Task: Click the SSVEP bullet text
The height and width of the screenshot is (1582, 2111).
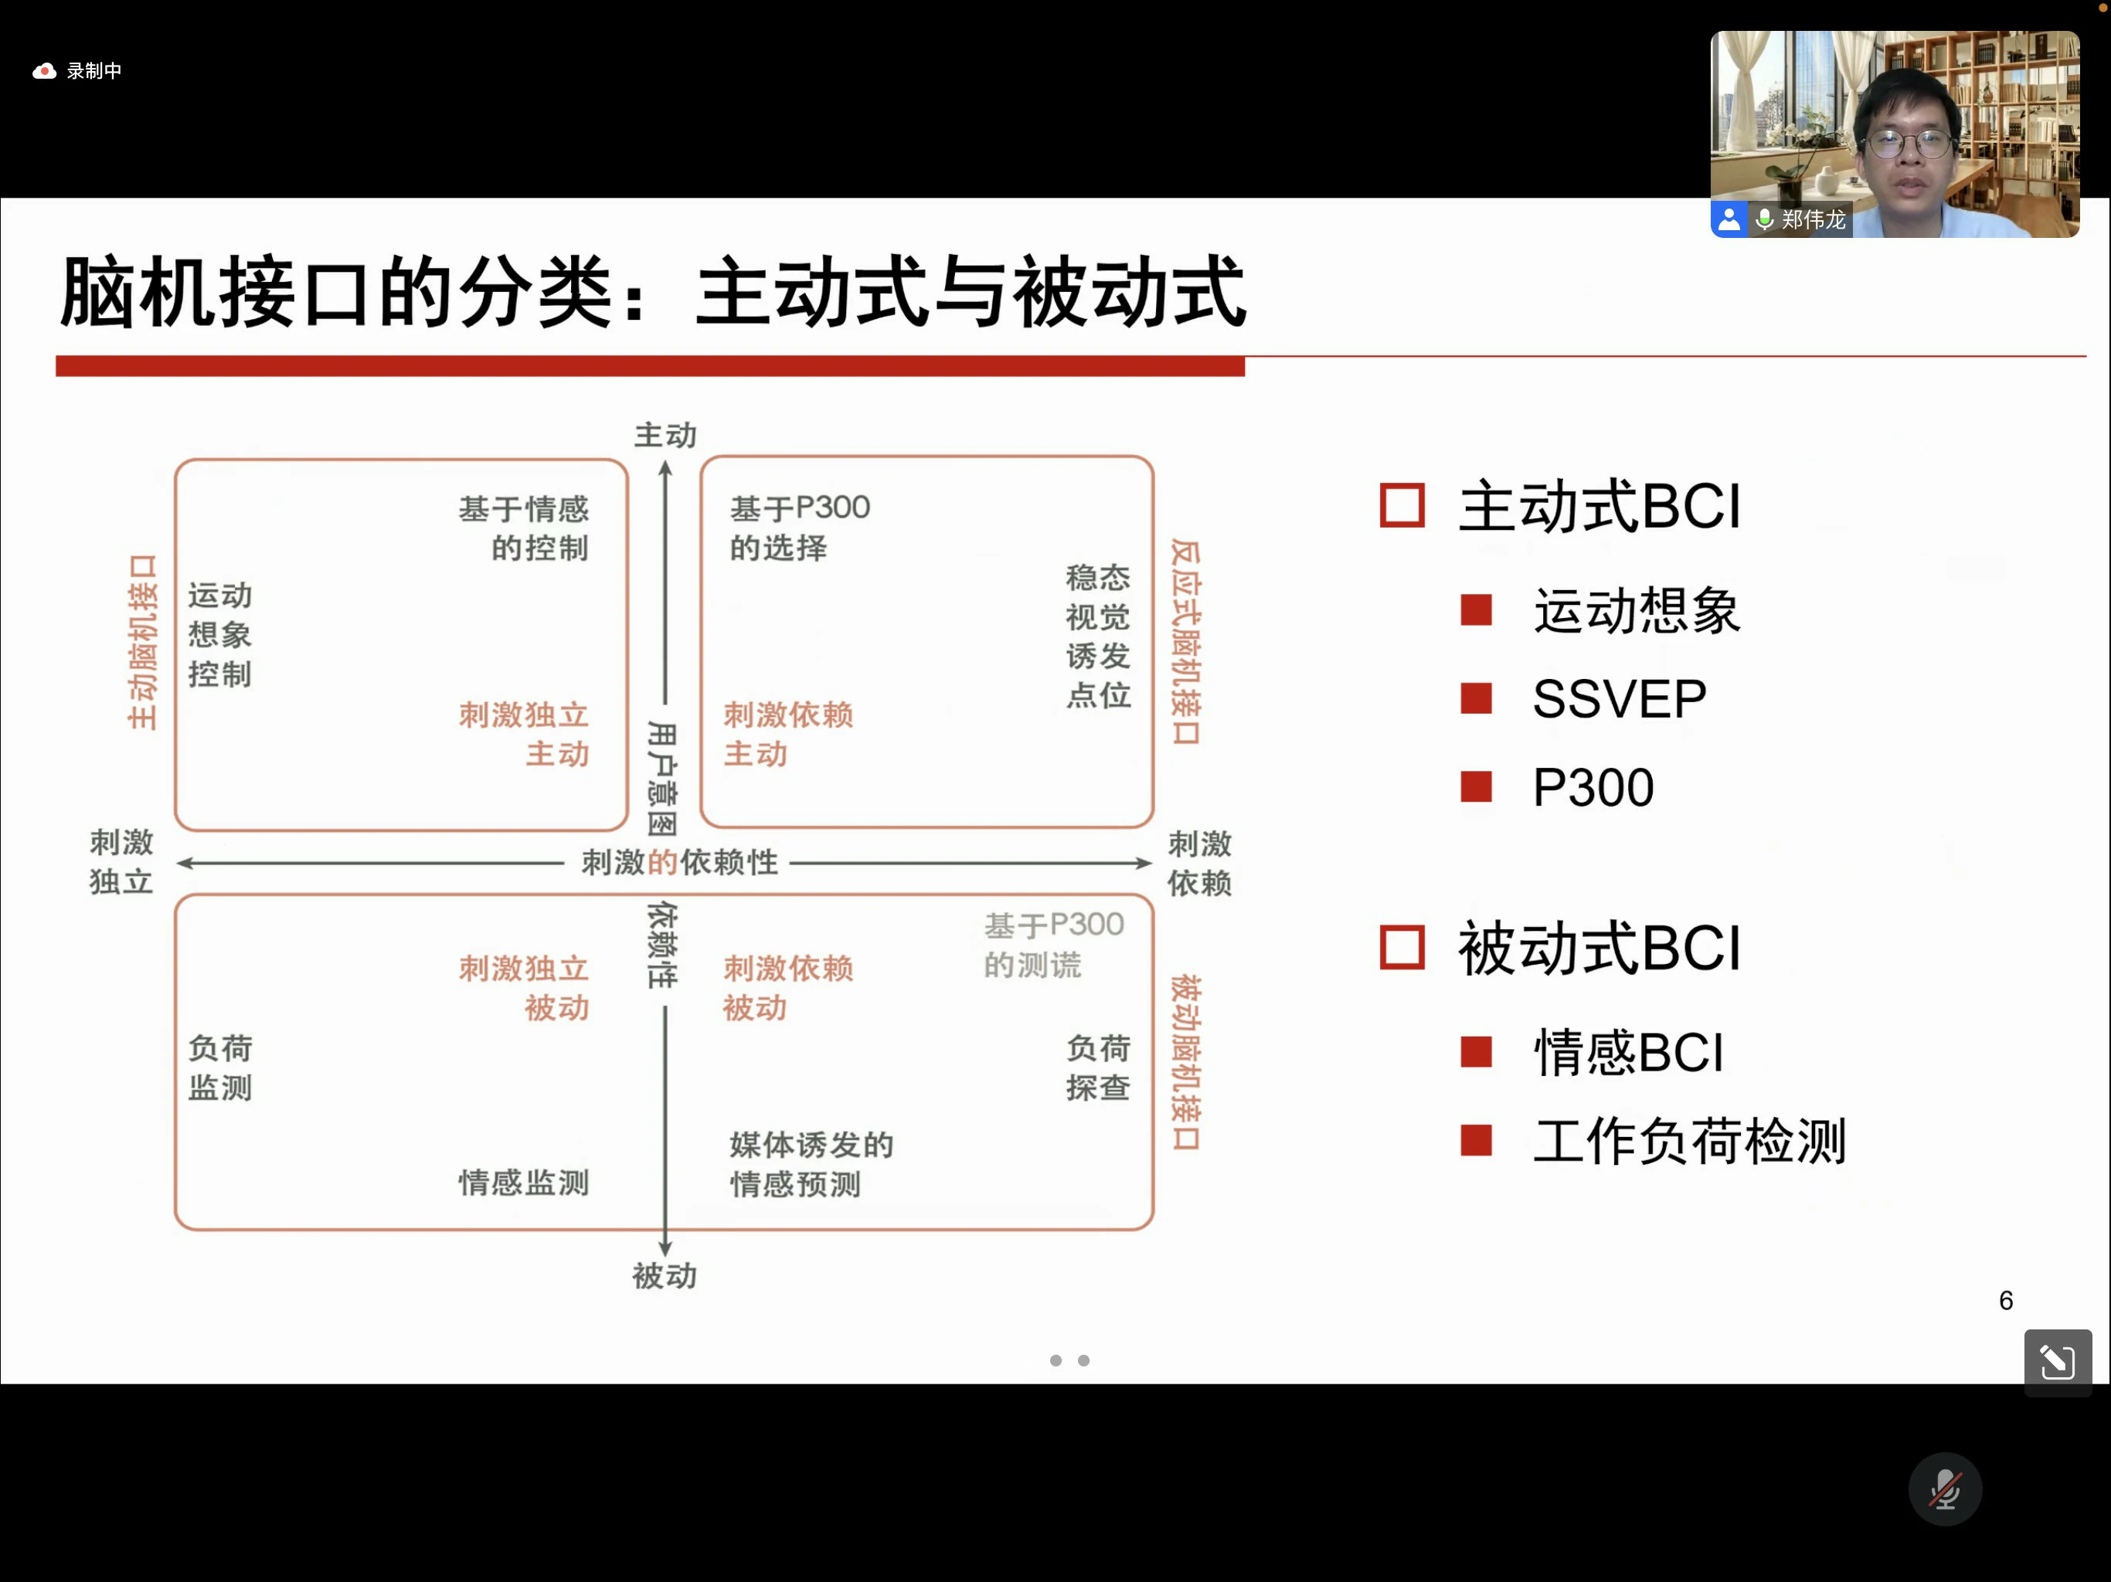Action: click(x=1619, y=698)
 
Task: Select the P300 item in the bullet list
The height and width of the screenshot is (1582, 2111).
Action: click(x=1592, y=787)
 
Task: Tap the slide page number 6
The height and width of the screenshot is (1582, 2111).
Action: click(x=2005, y=1301)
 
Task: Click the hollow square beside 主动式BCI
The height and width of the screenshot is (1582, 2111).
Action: click(x=1401, y=506)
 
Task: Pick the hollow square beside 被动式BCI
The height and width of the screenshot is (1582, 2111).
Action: click(x=1401, y=948)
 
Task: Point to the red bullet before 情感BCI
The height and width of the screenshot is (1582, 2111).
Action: click(x=1475, y=1051)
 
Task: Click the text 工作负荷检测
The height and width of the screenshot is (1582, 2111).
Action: click(x=1689, y=1140)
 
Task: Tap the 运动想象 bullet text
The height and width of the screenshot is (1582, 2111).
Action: click(x=1636, y=611)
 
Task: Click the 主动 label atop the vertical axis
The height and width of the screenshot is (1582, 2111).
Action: click(x=665, y=436)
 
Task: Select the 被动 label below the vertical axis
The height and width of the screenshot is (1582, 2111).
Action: click(x=665, y=1275)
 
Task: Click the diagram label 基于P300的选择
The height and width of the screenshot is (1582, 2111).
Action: click(x=799, y=527)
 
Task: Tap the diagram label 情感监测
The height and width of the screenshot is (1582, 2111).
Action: click(x=523, y=1183)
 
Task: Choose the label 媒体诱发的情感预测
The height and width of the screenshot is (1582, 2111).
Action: click(x=811, y=1164)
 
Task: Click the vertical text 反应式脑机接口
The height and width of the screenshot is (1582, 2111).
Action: click(x=1185, y=641)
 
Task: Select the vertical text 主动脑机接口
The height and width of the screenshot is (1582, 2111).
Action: click(x=142, y=641)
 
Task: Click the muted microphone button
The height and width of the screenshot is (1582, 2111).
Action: click(x=1944, y=1489)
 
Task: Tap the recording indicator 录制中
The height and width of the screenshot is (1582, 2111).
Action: click(x=78, y=70)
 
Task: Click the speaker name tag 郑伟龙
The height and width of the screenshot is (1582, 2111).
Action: click(x=1811, y=219)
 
